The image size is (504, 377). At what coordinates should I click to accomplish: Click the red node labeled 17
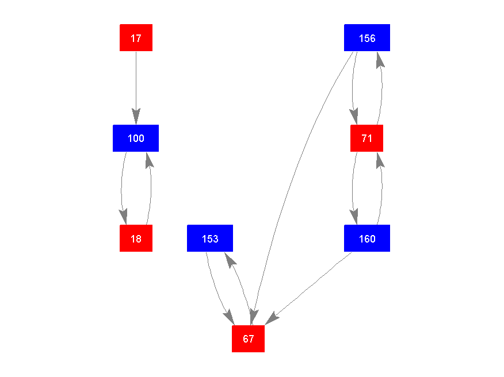click(136, 38)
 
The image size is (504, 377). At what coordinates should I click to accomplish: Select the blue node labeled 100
click(136, 138)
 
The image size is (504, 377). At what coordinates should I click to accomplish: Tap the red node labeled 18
click(136, 238)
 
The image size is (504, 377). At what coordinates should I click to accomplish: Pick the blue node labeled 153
click(210, 238)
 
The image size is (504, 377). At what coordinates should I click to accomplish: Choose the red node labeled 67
click(248, 338)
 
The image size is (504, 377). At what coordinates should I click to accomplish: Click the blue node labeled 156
click(367, 38)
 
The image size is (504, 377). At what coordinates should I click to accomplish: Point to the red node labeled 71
click(366, 138)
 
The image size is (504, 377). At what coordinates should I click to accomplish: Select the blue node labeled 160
click(367, 238)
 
